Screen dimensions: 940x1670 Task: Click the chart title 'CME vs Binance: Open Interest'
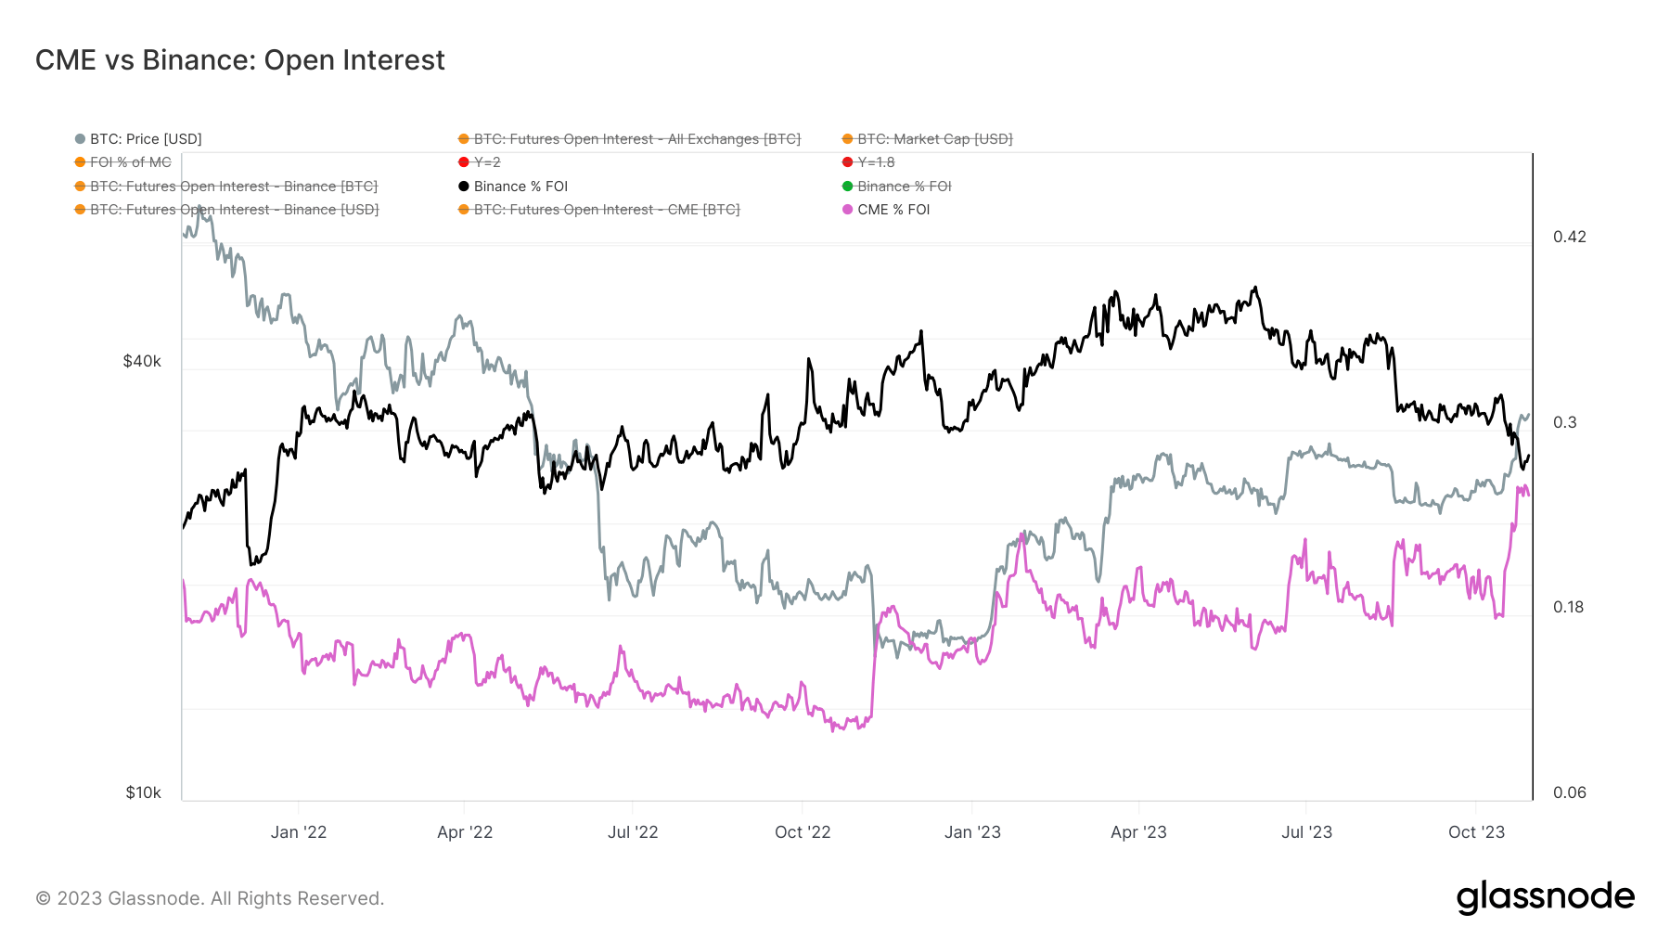(239, 60)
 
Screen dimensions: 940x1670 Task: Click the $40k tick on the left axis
(142, 361)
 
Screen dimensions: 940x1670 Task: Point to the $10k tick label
(143, 792)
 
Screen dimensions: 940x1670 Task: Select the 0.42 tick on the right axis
(1569, 237)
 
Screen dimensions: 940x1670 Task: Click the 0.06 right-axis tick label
(1569, 792)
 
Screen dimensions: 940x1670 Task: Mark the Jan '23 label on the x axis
(972, 832)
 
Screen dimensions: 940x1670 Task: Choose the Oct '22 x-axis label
(803, 832)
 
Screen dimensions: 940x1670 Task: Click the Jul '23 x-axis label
(1306, 832)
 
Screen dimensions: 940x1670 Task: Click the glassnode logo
(1545, 897)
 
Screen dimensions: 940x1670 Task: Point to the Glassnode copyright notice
(210, 898)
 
